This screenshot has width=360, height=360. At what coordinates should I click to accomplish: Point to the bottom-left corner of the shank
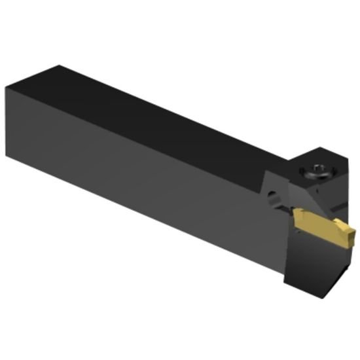click(7, 156)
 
